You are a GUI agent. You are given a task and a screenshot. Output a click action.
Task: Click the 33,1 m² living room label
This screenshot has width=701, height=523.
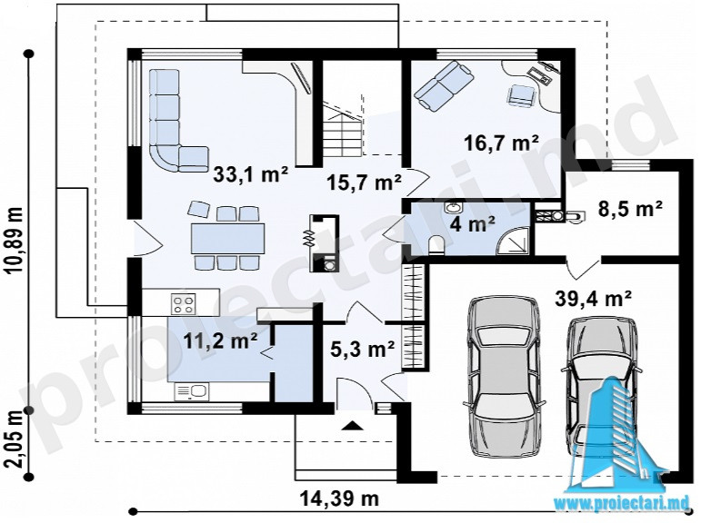pyautogui.click(x=250, y=174)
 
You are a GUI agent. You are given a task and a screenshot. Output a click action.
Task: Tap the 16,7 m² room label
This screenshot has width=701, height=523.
pyautogui.click(x=501, y=143)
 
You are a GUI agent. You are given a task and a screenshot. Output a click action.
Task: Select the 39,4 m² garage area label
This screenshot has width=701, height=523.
pyautogui.click(x=593, y=299)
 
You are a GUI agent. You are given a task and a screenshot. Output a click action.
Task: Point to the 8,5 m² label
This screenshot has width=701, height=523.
pyautogui.click(x=630, y=208)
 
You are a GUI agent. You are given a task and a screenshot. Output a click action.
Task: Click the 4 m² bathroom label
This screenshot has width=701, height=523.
pyautogui.click(x=473, y=223)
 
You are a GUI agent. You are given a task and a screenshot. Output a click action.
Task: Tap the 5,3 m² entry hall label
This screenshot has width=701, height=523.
pyautogui.click(x=362, y=349)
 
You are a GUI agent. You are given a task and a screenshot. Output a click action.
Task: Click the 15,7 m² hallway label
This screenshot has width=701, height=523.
pyautogui.click(x=364, y=182)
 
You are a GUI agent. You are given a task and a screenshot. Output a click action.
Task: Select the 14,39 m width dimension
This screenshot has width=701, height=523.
pyautogui.click(x=338, y=498)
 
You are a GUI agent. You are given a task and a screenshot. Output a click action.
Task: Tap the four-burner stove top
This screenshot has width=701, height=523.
pyautogui.click(x=184, y=303)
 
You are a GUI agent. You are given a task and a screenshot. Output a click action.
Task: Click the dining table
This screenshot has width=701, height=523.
pyautogui.click(x=227, y=239)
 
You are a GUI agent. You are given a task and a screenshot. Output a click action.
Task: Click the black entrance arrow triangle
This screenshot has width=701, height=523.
pyautogui.click(x=353, y=425)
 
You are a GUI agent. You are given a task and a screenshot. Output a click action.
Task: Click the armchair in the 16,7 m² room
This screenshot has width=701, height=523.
pyautogui.click(x=521, y=95)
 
